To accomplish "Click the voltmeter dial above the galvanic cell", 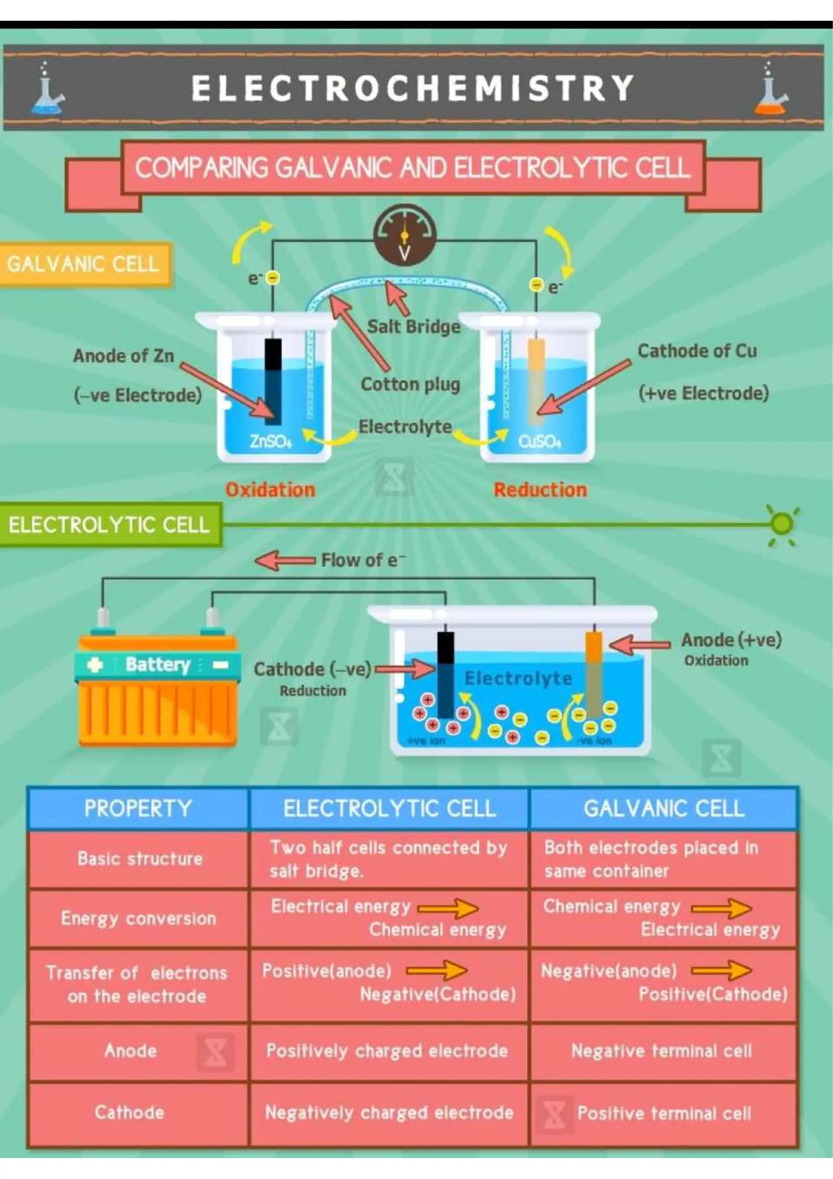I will pyautogui.click(x=404, y=236).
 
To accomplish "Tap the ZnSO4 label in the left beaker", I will pyautogui.click(x=270, y=441).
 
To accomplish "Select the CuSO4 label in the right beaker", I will pyautogui.click(x=540, y=441).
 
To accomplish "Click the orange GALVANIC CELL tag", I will pyautogui.click(x=83, y=264).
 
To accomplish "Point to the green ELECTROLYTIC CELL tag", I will pyautogui.click(x=109, y=525).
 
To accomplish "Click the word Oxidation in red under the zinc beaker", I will pyautogui.click(x=270, y=489).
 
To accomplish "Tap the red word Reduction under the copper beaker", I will pyautogui.click(x=540, y=489).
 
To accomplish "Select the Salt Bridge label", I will pyautogui.click(x=413, y=327).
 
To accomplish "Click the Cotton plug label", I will pyautogui.click(x=410, y=384).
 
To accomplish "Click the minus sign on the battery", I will pyautogui.click(x=220, y=665).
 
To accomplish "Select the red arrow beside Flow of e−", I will pyautogui.click(x=284, y=560).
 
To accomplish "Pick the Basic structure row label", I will pyautogui.click(x=140, y=859).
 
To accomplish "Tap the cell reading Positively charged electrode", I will pyautogui.click(x=387, y=1050).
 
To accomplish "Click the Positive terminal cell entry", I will pyautogui.click(x=664, y=1113).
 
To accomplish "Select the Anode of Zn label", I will pyautogui.click(x=123, y=356).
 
